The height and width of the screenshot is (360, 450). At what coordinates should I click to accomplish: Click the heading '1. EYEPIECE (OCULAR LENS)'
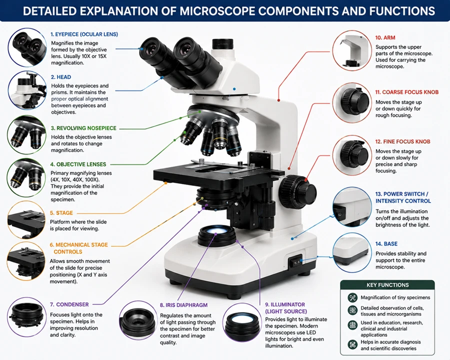point(84,34)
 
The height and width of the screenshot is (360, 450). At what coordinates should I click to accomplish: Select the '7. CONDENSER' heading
point(69,304)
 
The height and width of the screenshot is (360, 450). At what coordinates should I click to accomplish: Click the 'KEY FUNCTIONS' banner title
point(387,285)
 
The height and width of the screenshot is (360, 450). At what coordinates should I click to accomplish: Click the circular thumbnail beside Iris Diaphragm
point(138,320)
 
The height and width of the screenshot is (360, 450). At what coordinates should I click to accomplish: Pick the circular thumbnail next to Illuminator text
point(242,322)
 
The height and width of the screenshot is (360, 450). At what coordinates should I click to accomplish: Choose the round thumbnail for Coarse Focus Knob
point(352,102)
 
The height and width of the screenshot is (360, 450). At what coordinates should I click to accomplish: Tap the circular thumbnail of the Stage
point(26,220)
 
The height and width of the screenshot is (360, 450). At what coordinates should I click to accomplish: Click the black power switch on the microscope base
point(295,261)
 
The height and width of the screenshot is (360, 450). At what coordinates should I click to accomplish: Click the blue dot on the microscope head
point(234,89)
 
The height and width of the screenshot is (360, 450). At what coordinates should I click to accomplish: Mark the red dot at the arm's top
point(278,100)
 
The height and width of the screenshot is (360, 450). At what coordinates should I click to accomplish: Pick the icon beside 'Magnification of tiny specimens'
point(352,297)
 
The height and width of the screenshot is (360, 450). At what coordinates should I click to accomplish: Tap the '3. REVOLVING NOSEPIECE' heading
point(83,128)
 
